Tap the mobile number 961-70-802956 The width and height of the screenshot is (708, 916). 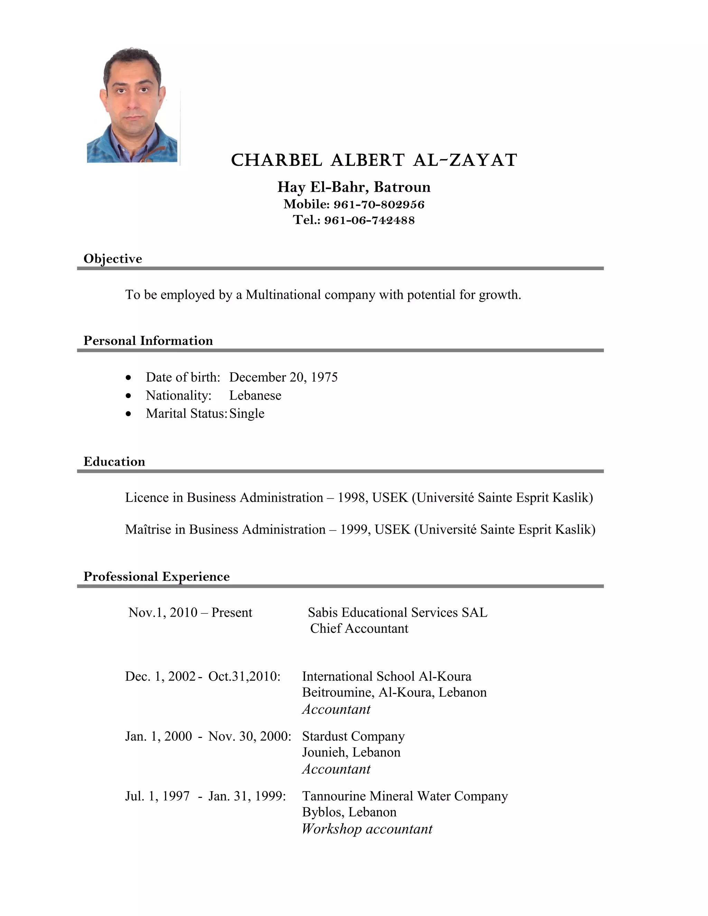pos(379,205)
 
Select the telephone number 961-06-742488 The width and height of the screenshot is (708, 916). pos(369,220)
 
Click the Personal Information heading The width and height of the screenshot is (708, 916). pos(148,340)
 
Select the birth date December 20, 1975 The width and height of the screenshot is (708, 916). pos(283,377)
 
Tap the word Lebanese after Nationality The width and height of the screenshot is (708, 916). pos(255,395)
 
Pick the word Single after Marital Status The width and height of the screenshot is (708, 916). pos(246,413)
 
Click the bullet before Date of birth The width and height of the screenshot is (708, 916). pos(128,378)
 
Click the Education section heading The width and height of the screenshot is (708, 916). pos(114,461)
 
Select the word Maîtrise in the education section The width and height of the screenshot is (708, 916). pos(148,529)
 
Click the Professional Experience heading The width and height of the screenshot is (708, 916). pos(157,576)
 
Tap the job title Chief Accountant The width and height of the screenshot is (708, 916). pos(359,628)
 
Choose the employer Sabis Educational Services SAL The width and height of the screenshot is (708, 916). pos(398,613)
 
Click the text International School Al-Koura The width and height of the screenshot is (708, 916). pos(386,676)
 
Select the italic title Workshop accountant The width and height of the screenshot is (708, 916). pos(367,829)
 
